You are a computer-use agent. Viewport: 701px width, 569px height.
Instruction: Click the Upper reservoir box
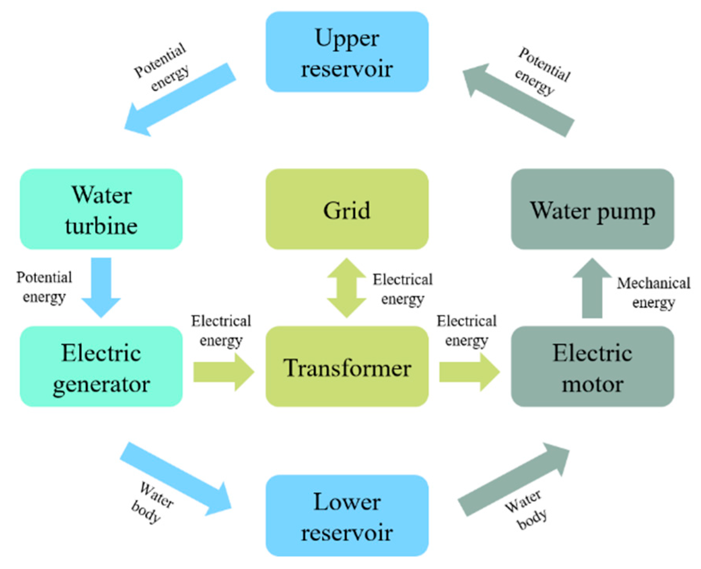[347, 52]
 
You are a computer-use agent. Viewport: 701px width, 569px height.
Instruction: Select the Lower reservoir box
[347, 516]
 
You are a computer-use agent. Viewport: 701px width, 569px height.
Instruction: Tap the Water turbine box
[101, 209]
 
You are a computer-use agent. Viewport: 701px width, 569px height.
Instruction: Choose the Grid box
[347, 209]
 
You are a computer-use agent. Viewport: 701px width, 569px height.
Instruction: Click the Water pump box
[592, 209]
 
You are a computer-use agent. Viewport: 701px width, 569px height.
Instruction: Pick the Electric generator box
[101, 367]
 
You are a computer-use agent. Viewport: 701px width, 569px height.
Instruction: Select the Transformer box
[347, 367]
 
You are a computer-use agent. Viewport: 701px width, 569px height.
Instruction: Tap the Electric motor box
[592, 367]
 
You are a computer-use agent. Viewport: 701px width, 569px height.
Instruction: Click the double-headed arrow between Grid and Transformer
[346, 288]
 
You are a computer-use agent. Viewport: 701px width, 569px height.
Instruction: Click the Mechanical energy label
[653, 293]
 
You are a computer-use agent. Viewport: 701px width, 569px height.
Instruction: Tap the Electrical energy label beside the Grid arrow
[402, 289]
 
